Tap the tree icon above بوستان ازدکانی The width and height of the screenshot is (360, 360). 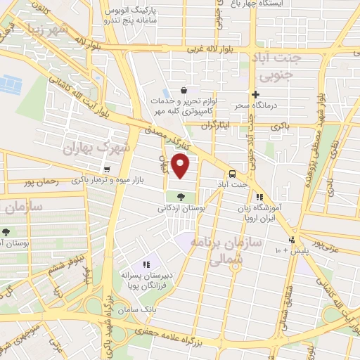[181, 197]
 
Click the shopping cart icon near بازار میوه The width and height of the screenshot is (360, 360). [106, 169]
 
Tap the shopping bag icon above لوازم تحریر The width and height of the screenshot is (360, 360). [184, 90]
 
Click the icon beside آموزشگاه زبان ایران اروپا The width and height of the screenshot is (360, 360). [259, 198]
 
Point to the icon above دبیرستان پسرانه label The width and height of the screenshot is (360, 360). [146, 264]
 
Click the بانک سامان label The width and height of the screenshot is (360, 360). [135, 309]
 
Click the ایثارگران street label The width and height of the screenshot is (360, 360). [215, 127]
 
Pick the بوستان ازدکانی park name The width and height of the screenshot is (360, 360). [181, 209]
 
